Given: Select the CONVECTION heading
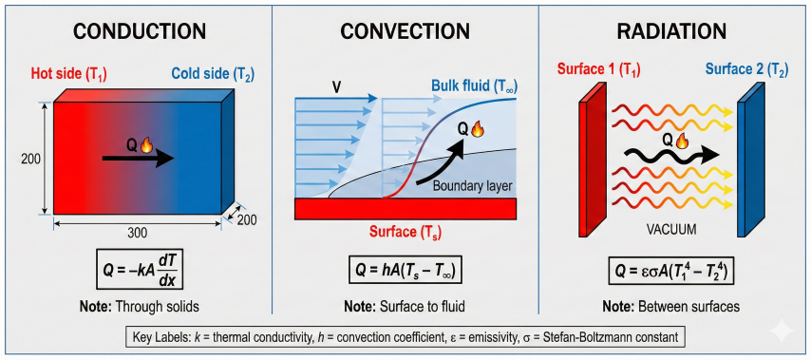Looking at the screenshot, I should point(405,31).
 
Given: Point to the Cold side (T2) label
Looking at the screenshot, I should point(211,74).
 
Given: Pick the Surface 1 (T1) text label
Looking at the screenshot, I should point(594,69).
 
